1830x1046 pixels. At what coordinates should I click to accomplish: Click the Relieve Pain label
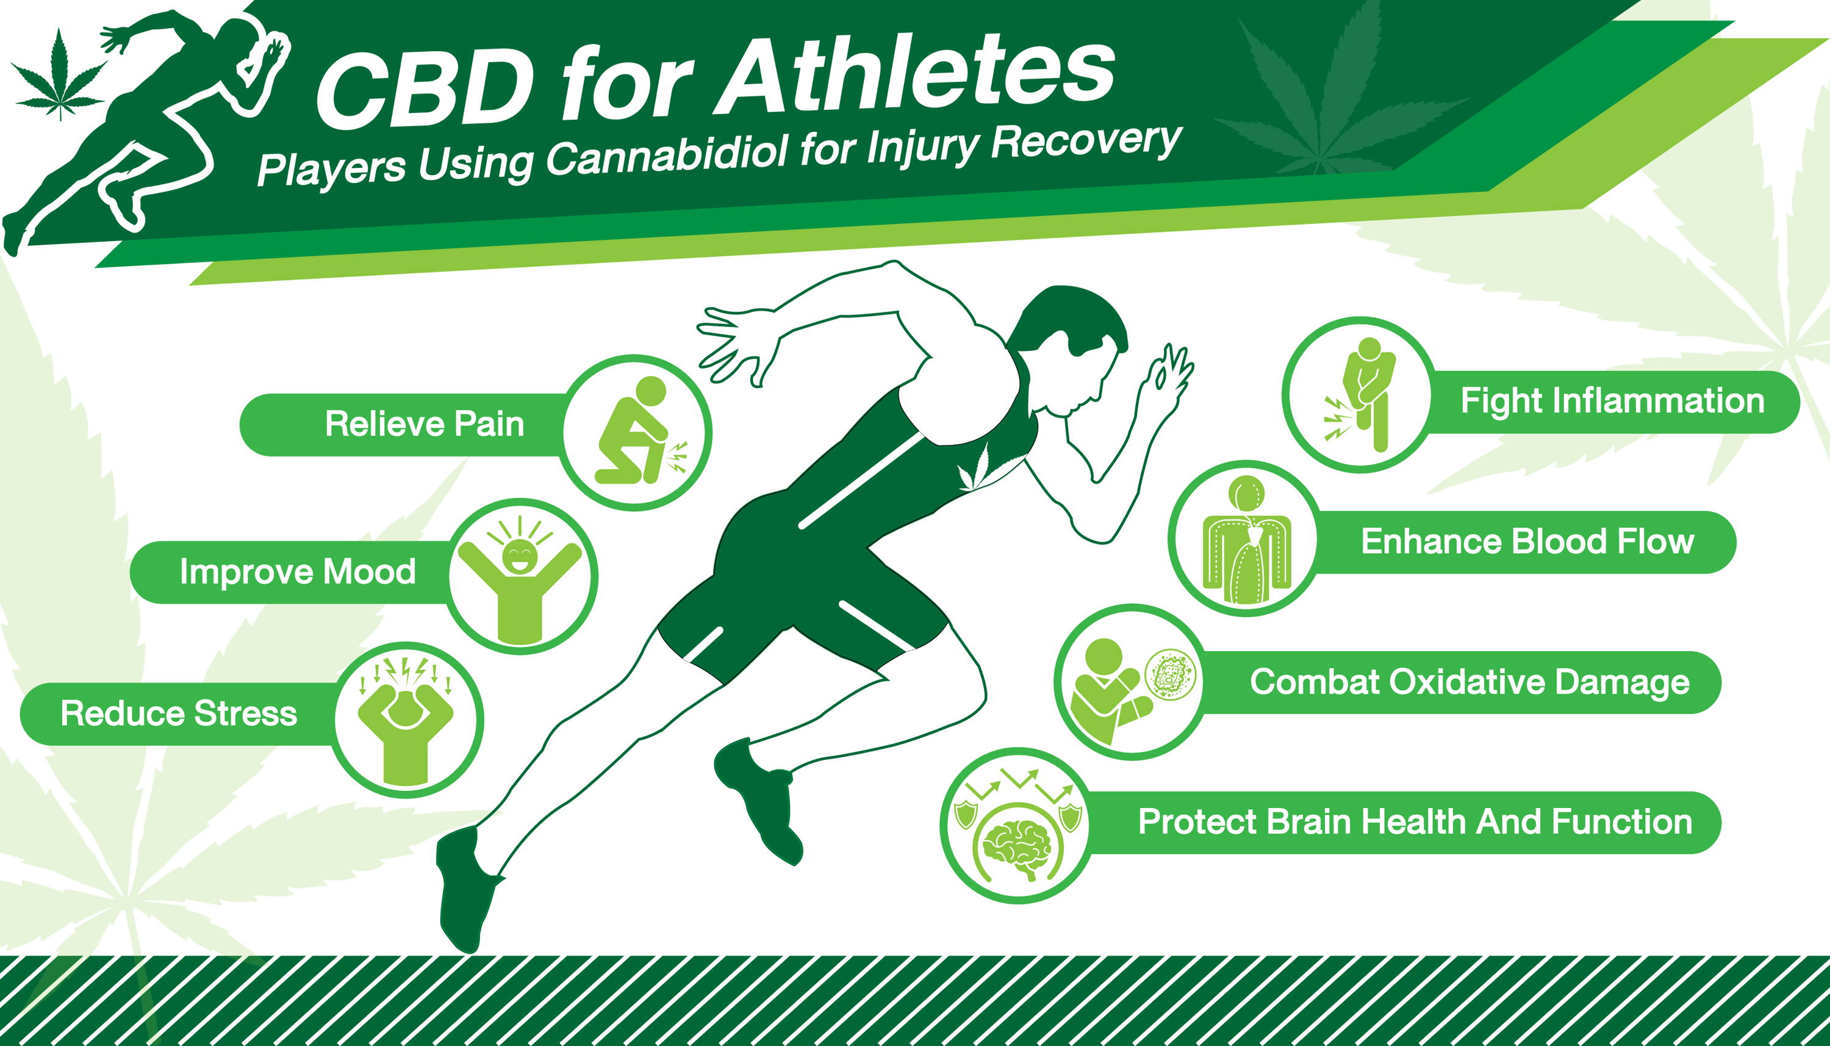tap(425, 424)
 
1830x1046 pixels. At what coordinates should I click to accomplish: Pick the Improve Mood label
tap(298, 572)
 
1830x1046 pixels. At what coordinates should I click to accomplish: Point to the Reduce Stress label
tap(179, 713)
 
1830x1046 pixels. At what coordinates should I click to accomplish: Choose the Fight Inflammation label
tap(1612, 401)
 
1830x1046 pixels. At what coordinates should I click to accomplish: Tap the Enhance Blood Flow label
tap(1528, 542)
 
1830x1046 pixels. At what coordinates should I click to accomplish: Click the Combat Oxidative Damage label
tap(1469, 682)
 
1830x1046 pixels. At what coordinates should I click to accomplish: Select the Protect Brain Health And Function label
tap(1415, 822)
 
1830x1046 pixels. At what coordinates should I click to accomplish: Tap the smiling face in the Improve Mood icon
tap(518, 557)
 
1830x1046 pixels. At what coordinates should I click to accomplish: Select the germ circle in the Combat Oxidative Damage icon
tap(1169, 674)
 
